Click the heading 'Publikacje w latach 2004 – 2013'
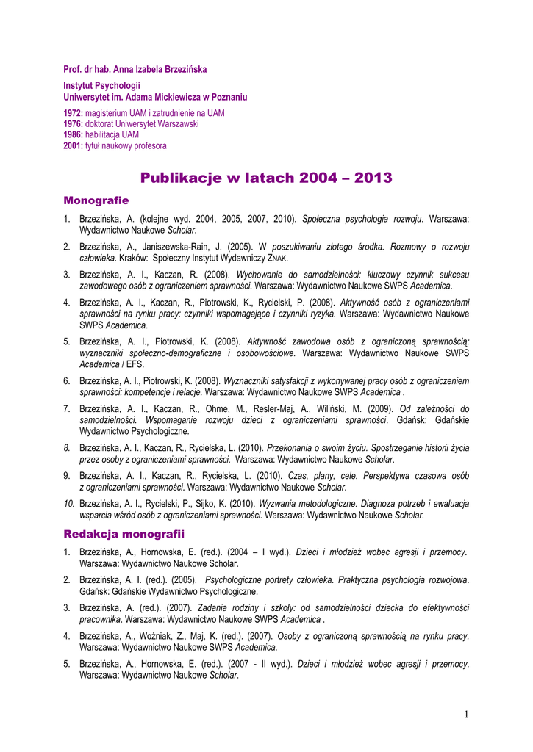(x=266, y=178)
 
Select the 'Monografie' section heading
(x=96, y=200)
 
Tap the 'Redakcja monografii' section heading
(x=124, y=532)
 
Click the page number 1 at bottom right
(x=466, y=715)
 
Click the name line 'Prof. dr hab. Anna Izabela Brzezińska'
(x=135, y=69)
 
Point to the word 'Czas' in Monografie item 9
(x=299, y=475)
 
